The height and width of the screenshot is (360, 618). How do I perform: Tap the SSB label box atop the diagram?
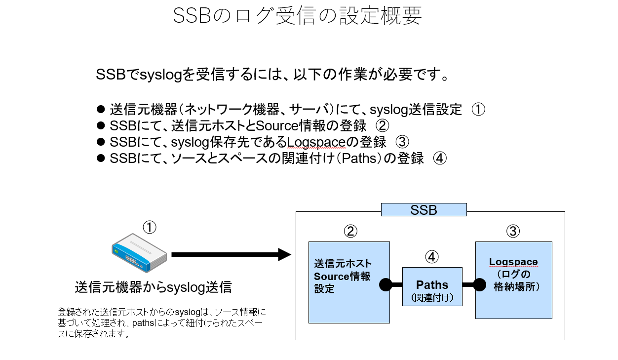(x=424, y=210)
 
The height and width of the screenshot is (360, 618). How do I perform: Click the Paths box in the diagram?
(x=432, y=287)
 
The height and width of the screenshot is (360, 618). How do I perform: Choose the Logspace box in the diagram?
(x=513, y=280)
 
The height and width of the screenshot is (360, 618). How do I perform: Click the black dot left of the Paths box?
(x=386, y=285)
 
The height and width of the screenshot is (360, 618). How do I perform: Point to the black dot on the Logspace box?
(x=479, y=285)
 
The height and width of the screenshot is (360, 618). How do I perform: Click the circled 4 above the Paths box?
(x=432, y=257)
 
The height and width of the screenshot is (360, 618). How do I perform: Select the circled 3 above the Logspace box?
(x=513, y=231)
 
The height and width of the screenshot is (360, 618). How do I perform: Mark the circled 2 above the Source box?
(x=350, y=231)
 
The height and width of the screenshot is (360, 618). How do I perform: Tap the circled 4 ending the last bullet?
(x=440, y=159)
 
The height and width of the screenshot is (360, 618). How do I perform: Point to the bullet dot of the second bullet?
(x=102, y=125)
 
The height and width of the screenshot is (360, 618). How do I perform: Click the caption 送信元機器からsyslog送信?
(x=153, y=287)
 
